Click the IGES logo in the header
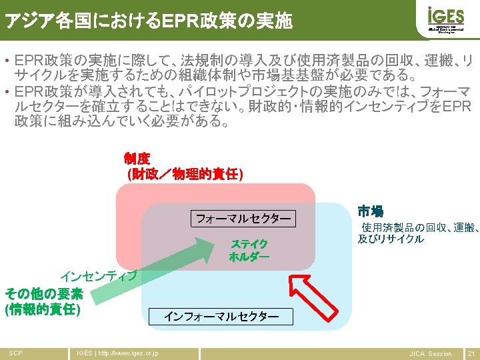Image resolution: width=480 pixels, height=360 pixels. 445,20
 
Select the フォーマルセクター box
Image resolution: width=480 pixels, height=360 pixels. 243,218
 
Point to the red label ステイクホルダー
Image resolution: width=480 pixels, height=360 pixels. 249,251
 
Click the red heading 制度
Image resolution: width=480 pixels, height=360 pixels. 137,159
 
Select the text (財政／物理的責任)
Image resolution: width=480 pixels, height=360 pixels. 185,175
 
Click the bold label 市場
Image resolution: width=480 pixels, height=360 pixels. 370,212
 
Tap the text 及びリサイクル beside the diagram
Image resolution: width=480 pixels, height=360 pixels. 391,239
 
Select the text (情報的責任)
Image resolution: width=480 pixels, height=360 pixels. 42,309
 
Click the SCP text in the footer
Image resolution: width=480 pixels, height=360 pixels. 15,353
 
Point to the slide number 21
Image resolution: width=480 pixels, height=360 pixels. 471,353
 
